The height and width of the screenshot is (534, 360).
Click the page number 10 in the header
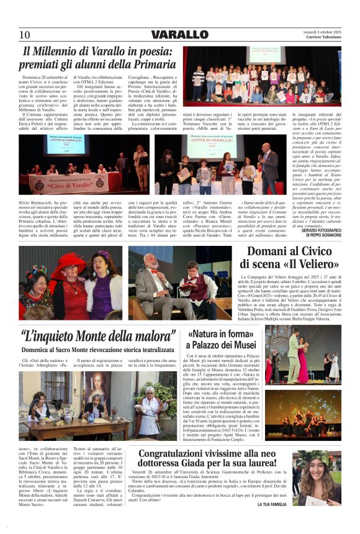24,35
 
